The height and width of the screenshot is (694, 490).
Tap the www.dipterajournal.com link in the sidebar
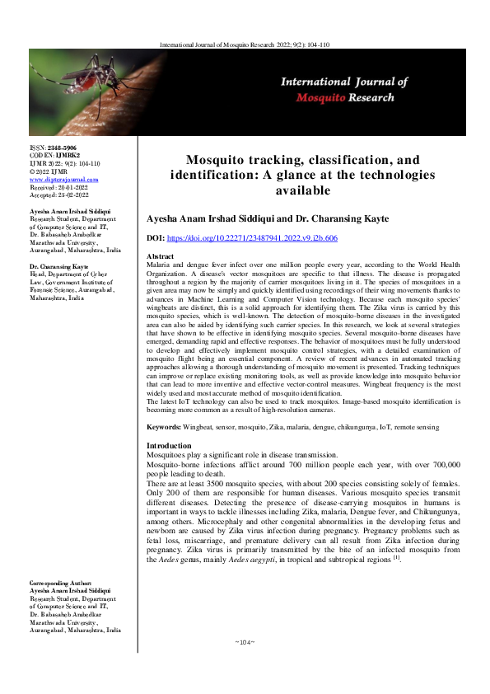(x=63, y=178)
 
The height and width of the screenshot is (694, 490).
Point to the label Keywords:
(x=170, y=428)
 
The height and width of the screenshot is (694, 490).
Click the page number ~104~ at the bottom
(x=245, y=664)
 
